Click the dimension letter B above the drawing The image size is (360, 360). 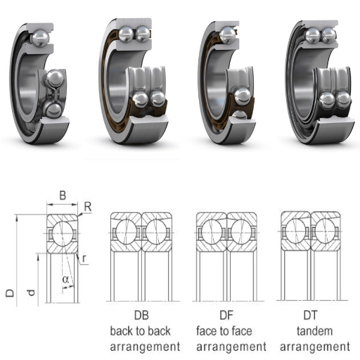click(63, 195)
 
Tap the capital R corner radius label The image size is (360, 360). click(88, 207)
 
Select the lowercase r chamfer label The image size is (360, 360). click(84, 258)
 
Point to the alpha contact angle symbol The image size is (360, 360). click(65, 279)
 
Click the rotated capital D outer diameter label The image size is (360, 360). click(10, 293)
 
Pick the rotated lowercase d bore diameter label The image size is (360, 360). click(31, 292)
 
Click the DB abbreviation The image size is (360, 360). click(141, 315)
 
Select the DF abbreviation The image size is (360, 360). click(226, 315)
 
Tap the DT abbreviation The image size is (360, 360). click(310, 315)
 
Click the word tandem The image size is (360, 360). click(314, 331)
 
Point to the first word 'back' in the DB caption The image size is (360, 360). click(120, 331)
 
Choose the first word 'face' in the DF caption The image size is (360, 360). click(206, 331)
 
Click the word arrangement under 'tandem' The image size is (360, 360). click(315, 347)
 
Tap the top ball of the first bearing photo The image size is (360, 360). click(40, 37)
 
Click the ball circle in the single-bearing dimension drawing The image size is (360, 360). click(62, 233)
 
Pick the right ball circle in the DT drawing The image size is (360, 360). click(325, 231)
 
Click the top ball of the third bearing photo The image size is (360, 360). click(228, 35)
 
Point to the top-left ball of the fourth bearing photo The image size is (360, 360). click(313, 35)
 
